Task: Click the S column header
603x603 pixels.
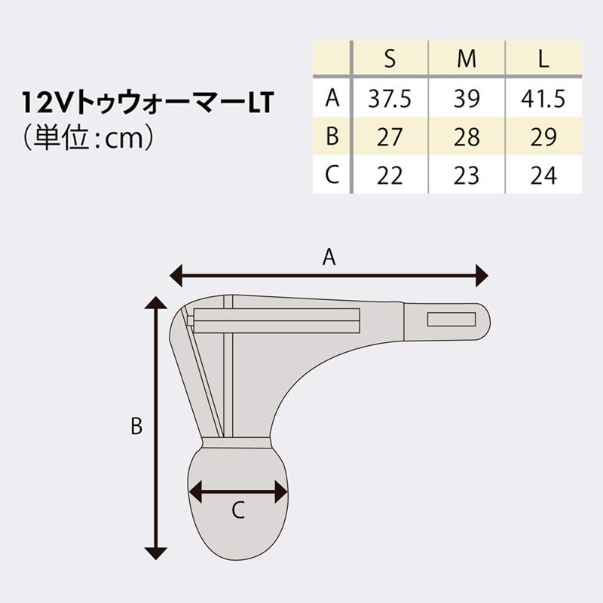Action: [389, 60]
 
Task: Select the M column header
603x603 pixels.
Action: [467, 60]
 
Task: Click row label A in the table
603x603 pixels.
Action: [332, 98]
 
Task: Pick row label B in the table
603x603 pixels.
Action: [332, 137]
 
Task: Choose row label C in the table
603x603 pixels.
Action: [332, 176]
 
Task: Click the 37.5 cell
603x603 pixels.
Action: [389, 99]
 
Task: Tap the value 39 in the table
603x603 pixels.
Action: [467, 99]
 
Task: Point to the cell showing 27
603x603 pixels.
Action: [389, 137]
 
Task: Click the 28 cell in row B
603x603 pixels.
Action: [467, 137]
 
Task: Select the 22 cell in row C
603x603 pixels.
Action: [389, 176]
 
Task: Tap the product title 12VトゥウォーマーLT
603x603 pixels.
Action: [147, 104]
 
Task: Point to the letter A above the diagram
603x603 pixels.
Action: [329, 258]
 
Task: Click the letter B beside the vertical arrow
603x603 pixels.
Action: [136, 427]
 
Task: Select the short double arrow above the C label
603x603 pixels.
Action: [238, 493]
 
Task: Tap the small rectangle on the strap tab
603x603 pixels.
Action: [451, 319]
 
